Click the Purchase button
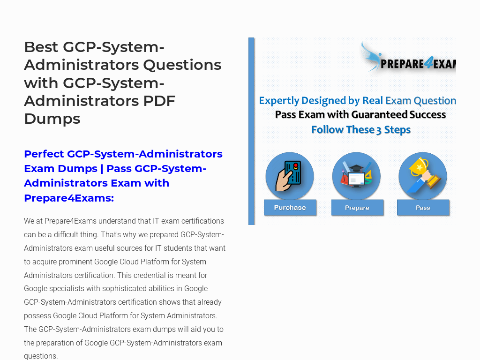[x=290, y=208]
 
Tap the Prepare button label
[x=357, y=208]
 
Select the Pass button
[x=423, y=208]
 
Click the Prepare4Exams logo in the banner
[x=408, y=58]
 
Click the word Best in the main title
[x=41, y=47]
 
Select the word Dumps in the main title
[x=52, y=119]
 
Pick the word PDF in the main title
[x=159, y=101]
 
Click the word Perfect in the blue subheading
[x=44, y=154]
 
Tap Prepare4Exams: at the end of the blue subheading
[x=69, y=198]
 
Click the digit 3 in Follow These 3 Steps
[x=379, y=130]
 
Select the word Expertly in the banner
[x=279, y=101]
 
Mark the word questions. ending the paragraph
[x=41, y=356]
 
